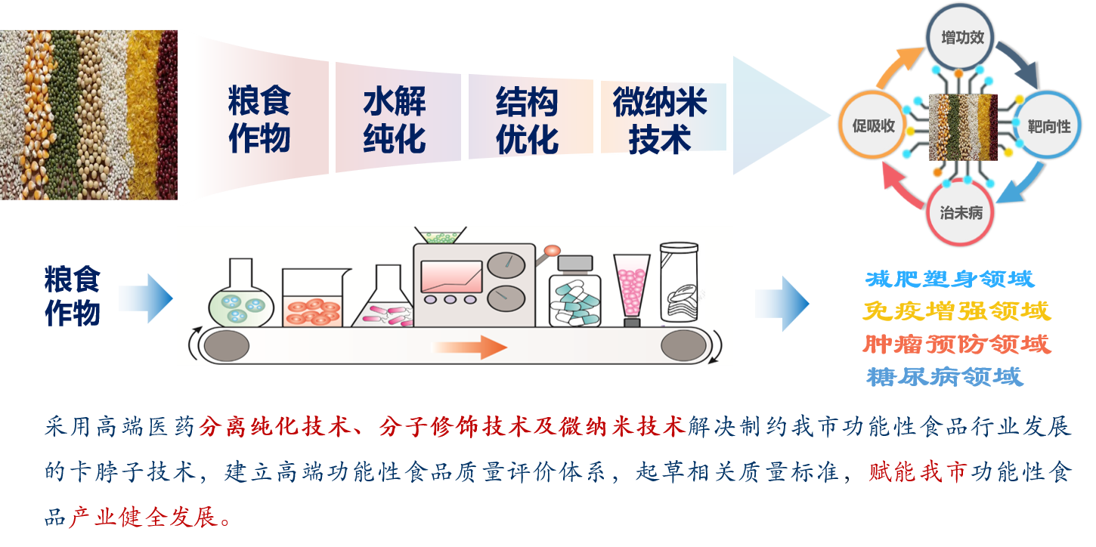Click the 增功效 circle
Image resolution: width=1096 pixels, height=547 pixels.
pyautogui.click(x=961, y=37)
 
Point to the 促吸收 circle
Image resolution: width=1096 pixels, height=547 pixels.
pyautogui.click(x=873, y=125)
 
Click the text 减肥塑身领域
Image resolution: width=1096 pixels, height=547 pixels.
pyautogui.click(x=949, y=280)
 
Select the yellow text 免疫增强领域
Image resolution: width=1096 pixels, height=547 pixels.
pyautogui.click(x=956, y=311)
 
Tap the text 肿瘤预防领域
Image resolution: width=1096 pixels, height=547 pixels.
pyautogui.click(x=956, y=344)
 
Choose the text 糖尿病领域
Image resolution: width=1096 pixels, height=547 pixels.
pyautogui.click(x=945, y=376)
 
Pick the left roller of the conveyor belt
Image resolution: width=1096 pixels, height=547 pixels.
pyautogui.click(x=226, y=346)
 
